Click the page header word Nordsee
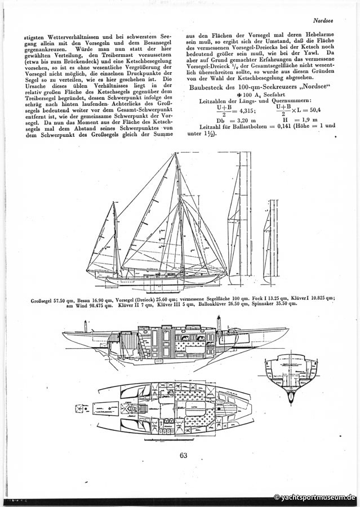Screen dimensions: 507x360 [x=325, y=21]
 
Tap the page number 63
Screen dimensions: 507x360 [x=183, y=455]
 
